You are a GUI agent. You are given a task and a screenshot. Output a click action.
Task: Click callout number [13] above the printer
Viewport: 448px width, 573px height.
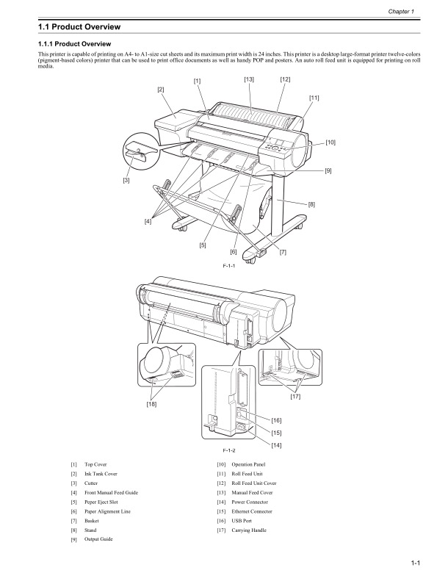pyautogui.click(x=249, y=79)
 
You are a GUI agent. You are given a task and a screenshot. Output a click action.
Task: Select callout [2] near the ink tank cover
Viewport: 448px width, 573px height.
pyautogui.click(x=160, y=90)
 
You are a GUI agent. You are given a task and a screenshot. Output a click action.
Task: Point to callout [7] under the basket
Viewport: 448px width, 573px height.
pyautogui.click(x=283, y=252)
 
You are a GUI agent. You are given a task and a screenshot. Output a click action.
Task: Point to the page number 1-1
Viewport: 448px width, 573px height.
pyautogui.click(x=415, y=562)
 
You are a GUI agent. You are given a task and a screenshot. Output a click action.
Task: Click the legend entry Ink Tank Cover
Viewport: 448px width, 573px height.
pyautogui.click(x=101, y=474)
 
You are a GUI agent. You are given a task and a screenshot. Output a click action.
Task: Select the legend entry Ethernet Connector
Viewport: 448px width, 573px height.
pyautogui.click(x=251, y=511)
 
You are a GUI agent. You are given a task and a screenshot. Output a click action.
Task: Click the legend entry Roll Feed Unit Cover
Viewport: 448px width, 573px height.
pyautogui.click(x=253, y=483)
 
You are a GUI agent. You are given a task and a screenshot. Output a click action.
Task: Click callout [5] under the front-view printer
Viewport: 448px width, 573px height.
pyautogui.click(x=202, y=245)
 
